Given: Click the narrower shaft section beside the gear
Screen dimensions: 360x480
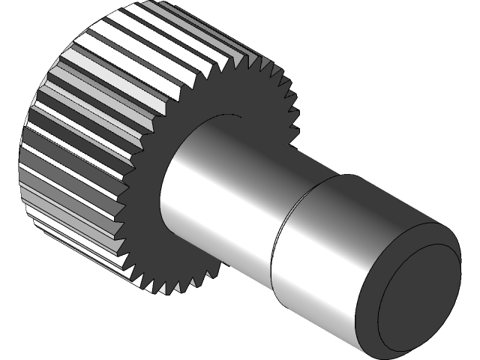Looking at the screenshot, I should pyautogui.click(x=217, y=202).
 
